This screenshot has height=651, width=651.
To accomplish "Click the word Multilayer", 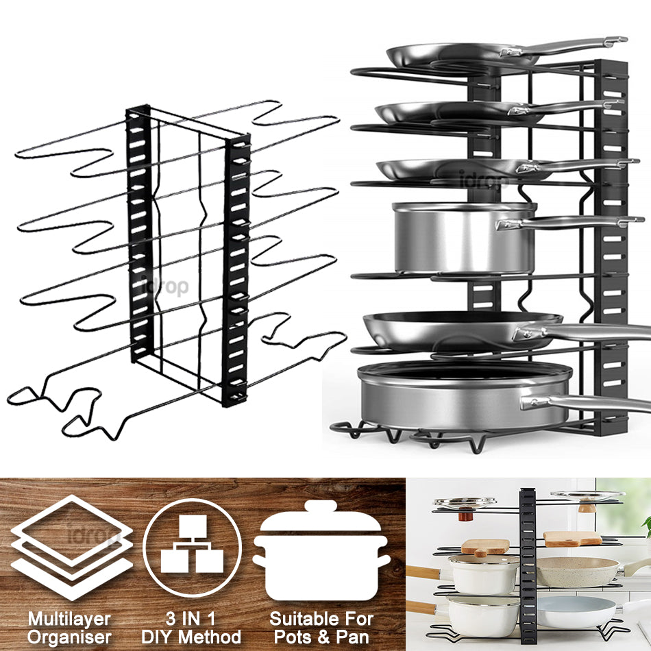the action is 69,619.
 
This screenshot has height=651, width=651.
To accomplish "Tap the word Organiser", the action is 69,637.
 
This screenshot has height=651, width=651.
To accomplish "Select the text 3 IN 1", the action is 191,619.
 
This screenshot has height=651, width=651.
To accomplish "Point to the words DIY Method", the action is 191,637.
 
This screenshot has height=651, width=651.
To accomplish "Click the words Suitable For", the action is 322,619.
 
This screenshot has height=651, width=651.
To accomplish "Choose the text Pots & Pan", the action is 322,637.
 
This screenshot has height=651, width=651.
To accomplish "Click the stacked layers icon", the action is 72,548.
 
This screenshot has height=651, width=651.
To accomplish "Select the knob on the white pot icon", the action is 320,506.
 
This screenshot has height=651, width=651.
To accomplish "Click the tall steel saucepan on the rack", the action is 463,238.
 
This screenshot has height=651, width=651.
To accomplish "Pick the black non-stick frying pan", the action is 462,330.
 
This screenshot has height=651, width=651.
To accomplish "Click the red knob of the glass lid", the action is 466,515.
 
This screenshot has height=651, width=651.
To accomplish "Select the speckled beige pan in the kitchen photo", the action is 577,572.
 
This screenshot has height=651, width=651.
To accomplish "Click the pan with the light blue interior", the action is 576,613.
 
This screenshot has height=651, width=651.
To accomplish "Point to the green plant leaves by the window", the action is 646,525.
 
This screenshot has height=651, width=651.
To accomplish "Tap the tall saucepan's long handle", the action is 569,223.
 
